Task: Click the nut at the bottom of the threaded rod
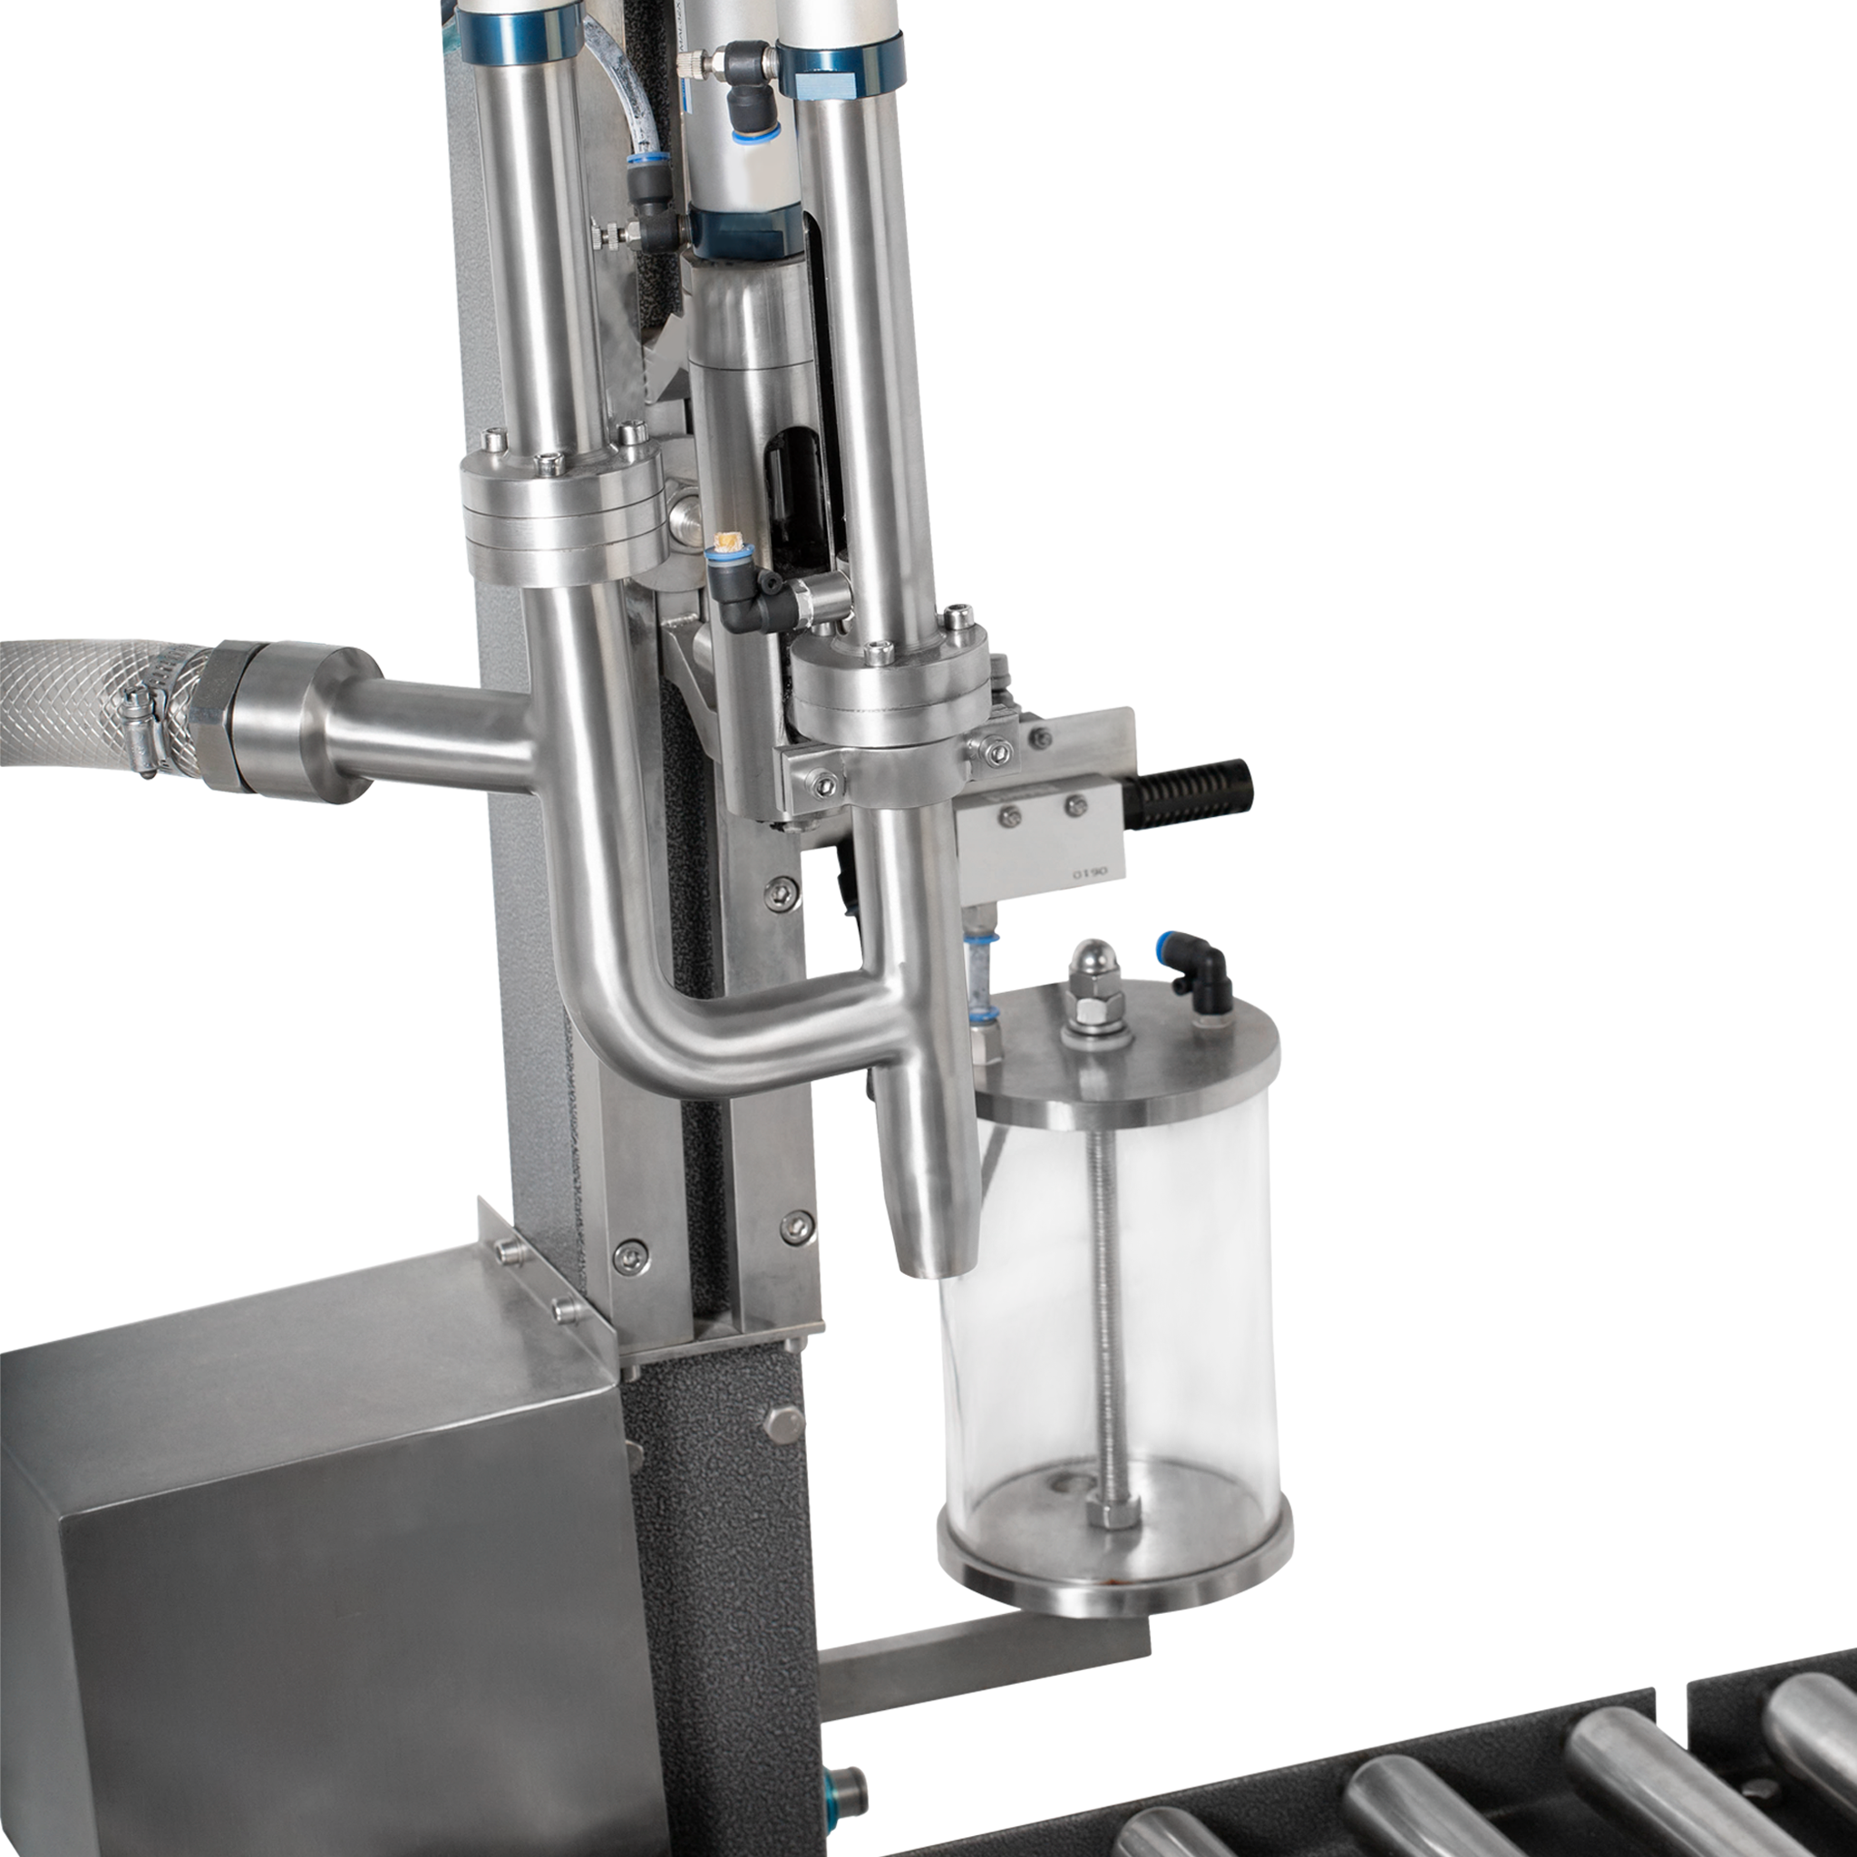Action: click(1113, 1516)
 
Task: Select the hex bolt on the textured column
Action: click(783, 1424)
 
